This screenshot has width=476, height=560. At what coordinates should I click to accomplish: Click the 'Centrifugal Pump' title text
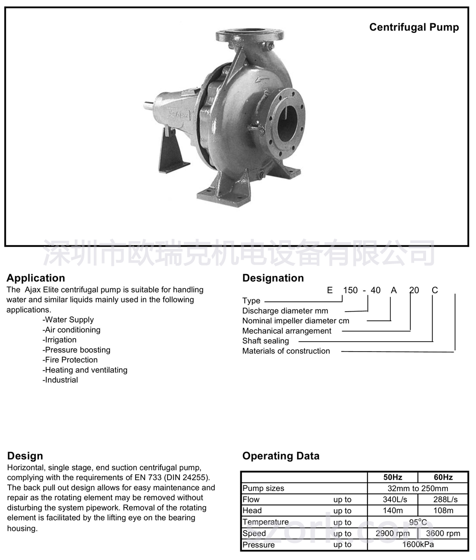(x=414, y=27)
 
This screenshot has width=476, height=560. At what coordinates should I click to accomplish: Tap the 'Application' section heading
(x=36, y=278)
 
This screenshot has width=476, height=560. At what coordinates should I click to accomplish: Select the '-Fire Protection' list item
(x=70, y=360)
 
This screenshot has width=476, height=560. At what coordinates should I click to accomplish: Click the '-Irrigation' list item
(x=59, y=340)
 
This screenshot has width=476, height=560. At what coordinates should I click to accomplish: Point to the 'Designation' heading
(x=273, y=278)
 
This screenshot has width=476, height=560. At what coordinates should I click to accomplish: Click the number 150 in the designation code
(x=350, y=290)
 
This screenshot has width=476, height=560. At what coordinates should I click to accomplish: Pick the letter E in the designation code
(x=330, y=290)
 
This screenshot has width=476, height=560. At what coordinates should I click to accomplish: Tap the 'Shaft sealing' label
(x=266, y=341)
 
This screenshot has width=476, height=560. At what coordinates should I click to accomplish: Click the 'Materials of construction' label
(x=286, y=351)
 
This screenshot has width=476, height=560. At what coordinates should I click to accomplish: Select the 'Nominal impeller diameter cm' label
(x=296, y=321)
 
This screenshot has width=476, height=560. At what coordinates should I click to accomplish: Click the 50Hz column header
(x=393, y=477)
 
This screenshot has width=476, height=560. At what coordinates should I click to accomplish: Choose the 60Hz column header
(x=443, y=477)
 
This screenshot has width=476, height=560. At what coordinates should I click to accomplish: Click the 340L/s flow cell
(x=393, y=500)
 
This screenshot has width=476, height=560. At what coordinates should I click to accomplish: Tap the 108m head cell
(x=443, y=511)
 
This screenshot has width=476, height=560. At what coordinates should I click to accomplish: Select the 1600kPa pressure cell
(x=418, y=545)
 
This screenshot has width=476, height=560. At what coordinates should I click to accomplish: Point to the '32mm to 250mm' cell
(x=418, y=488)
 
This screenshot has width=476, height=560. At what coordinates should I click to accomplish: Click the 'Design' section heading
(x=25, y=456)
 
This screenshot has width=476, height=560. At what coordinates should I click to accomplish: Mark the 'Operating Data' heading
(x=281, y=456)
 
